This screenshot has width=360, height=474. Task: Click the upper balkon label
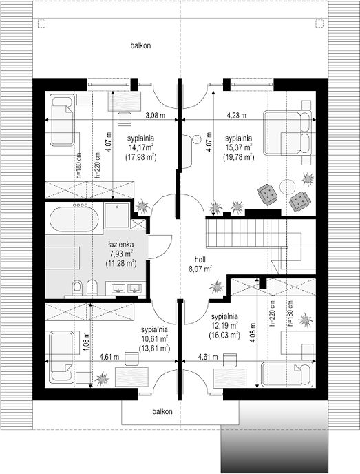click(140, 45)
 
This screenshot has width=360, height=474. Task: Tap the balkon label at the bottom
click(162, 411)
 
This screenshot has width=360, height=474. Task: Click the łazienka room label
click(121, 245)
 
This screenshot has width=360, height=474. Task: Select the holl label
click(200, 260)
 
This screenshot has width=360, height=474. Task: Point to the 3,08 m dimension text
click(156, 115)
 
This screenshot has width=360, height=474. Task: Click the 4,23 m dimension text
click(237, 115)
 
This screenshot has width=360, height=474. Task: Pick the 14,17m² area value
click(140, 147)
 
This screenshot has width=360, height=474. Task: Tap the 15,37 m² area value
click(239, 147)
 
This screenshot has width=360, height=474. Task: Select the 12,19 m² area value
click(224, 326)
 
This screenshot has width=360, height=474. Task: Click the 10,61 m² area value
click(154, 338)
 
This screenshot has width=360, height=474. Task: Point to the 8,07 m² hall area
click(200, 269)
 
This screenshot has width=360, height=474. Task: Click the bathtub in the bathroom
click(74, 218)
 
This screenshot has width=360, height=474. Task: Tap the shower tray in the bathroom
click(117, 215)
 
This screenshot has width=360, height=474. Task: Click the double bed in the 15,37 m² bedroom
click(287, 133)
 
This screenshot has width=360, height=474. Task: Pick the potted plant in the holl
click(217, 287)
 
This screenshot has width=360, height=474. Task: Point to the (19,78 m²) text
click(239, 157)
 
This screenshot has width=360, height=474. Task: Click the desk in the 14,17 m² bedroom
click(125, 101)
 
